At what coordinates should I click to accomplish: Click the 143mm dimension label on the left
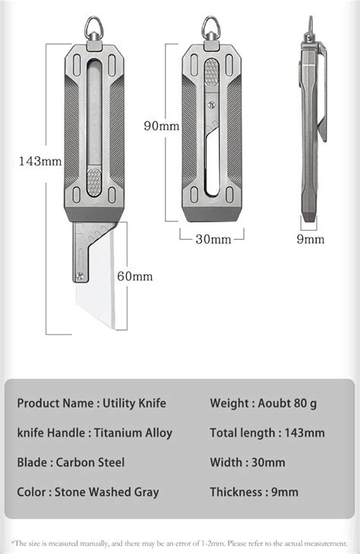tap(40, 161)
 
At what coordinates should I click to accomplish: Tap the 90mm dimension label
tap(162, 126)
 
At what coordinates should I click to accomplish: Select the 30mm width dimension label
tap(213, 239)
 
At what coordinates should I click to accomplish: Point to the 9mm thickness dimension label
tap(310, 239)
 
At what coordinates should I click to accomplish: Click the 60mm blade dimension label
tap(134, 276)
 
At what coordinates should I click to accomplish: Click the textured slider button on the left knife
tap(95, 183)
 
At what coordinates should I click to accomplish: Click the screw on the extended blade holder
tap(79, 276)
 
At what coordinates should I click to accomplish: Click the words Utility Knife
tap(136, 403)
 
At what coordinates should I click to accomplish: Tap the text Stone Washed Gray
tap(107, 492)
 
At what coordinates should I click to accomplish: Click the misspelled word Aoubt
tap(277, 403)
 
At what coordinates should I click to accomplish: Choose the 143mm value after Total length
tap(302, 433)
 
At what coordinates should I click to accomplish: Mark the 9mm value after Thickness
tap(284, 492)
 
